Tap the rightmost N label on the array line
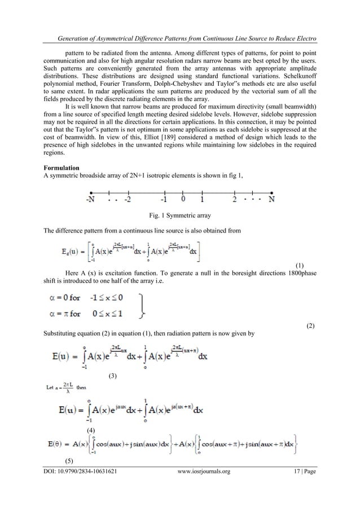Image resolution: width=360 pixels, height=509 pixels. pyautogui.click(x=273, y=199)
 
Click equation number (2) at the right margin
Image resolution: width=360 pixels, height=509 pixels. pyautogui.click(x=310, y=327)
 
